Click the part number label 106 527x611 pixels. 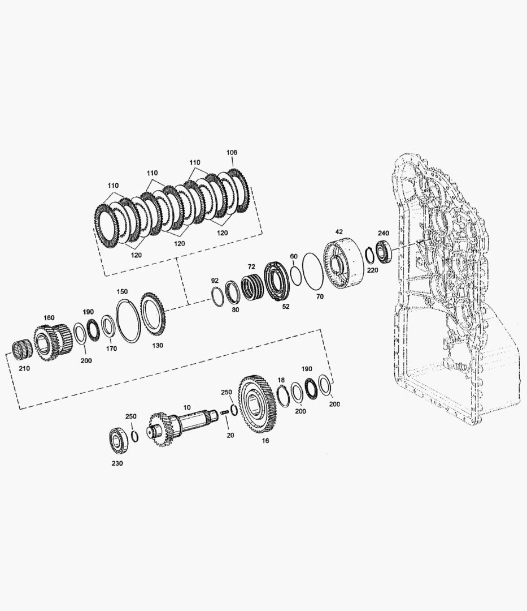click(232, 153)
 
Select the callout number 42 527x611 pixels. click(339, 232)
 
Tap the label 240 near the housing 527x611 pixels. click(384, 233)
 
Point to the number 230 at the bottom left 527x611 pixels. click(117, 463)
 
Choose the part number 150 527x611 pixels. click(122, 291)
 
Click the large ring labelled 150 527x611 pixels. click(129, 321)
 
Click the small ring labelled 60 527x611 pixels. click(295, 274)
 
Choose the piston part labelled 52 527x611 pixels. click(277, 281)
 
